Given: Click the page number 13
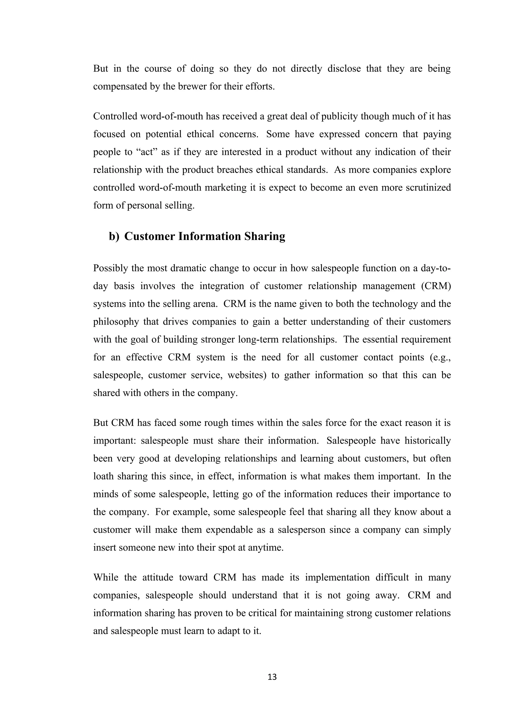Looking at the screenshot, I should tap(272, 677).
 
